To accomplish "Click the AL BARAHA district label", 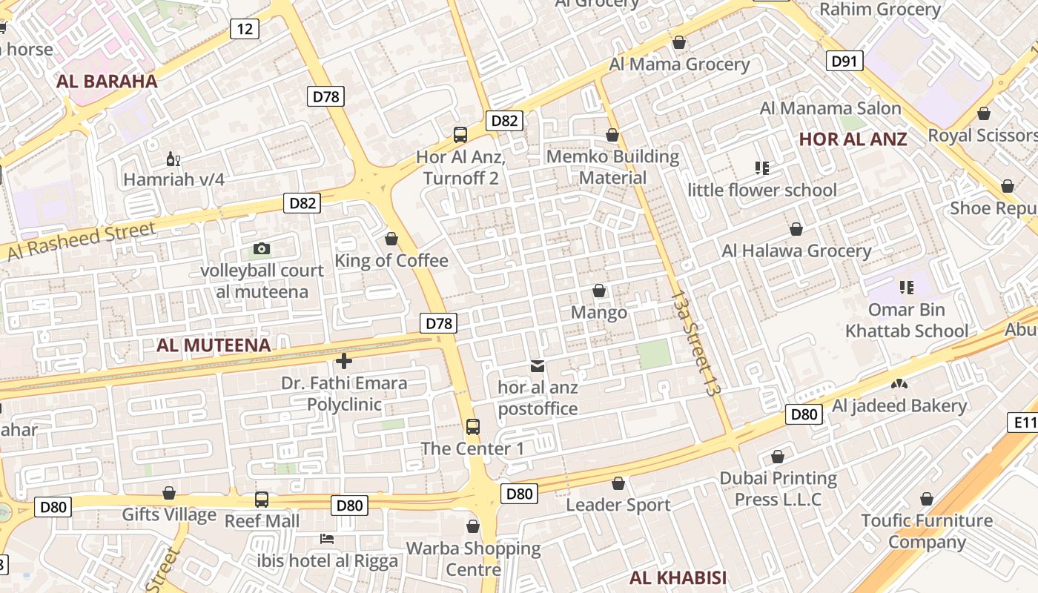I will (x=107, y=82).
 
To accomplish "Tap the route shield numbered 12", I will (x=245, y=29).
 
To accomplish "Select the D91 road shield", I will (x=844, y=61).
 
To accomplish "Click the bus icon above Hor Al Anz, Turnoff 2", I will (x=460, y=135).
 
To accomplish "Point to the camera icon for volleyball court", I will (x=261, y=249).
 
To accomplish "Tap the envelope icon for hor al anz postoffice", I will (x=538, y=365).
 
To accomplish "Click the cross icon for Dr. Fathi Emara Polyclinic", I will (x=343, y=361).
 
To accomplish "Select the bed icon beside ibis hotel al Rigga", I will (x=327, y=538).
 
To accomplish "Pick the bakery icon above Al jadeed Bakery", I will (x=899, y=385).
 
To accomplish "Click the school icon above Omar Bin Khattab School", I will (x=906, y=287).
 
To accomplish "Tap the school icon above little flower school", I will (x=761, y=168).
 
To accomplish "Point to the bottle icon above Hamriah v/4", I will (x=173, y=159).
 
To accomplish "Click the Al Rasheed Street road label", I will (x=82, y=241).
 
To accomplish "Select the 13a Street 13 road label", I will (x=695, y=342).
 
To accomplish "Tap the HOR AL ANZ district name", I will (x=853, y=139).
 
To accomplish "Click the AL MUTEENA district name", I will (x=214, y=345).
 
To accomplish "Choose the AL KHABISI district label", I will (x=678, y=578).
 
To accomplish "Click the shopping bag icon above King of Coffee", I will (x=391, y=239).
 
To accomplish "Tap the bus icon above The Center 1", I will (x=473, y=427).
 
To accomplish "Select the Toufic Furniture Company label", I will (x=927, y=531).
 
